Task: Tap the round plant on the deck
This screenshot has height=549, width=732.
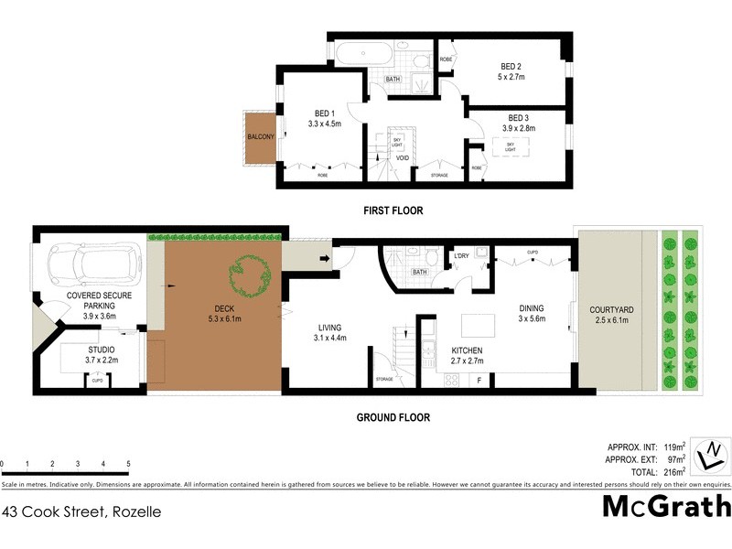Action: coord(251,273)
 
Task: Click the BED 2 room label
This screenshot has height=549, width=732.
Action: coord(511,66)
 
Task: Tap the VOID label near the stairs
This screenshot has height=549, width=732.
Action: coord(403,158)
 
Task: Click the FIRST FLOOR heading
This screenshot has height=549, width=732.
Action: coord(393,210)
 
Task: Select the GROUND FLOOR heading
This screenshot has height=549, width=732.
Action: coord(393,417)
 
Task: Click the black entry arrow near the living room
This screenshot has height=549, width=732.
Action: coord(325,259)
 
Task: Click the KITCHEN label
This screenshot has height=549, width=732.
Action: coord(468,350)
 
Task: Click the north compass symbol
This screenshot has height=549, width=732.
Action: coord(709,454)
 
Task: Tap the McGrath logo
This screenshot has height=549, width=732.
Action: coord(666,506)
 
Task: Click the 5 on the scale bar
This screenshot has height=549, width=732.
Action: coord(128,463)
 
